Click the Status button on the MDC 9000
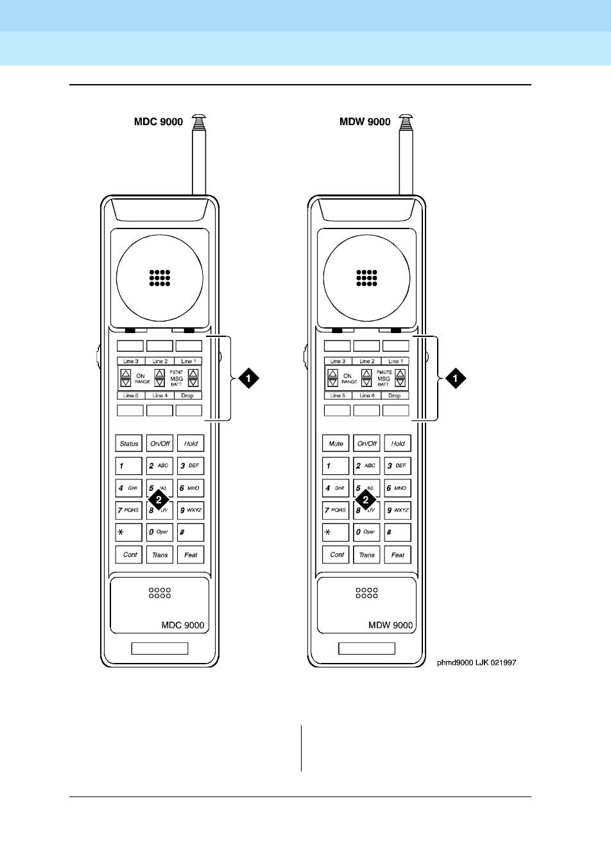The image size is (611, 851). point(129,443)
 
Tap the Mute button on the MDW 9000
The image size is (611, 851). point(336,443)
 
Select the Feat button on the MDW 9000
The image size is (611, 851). point(398,554)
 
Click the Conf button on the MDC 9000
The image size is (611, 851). point(129,554)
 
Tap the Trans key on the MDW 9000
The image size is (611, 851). point(366,554)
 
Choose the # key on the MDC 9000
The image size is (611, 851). point(191,532)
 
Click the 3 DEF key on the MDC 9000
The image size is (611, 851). point(191,465)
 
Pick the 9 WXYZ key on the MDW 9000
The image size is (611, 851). point(398,510)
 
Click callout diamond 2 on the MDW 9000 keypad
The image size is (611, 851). point(366,499)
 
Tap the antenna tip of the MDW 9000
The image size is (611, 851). point(406,119)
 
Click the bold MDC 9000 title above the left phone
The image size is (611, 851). point(159,122)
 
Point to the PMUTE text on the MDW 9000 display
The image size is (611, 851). point(384,372)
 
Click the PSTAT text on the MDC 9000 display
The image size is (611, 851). point(176,372)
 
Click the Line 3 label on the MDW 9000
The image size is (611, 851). point(338,361)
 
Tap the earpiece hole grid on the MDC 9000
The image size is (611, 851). point(160,277)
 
